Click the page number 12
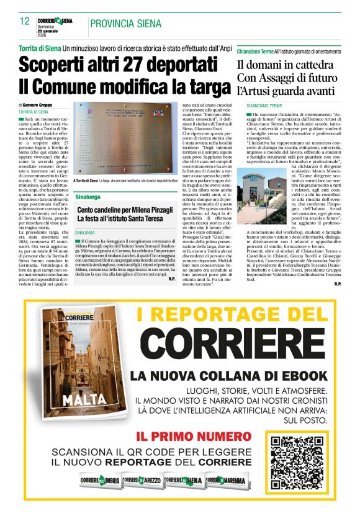point(25,21)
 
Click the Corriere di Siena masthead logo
point(55,20)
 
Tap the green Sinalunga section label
point(88,196)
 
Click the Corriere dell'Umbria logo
point(99,480)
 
